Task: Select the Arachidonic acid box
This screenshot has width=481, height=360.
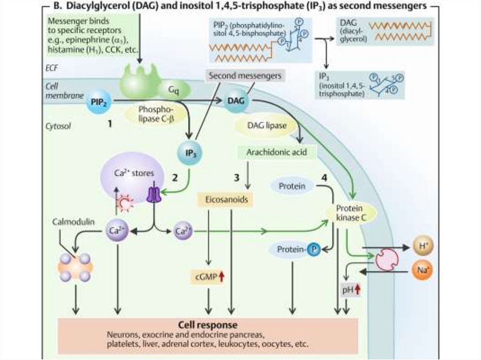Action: (276, 152)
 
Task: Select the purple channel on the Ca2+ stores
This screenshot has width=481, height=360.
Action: (154, 195)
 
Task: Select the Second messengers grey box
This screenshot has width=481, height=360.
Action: (245, 75)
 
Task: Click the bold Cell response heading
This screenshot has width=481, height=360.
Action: (208, 325)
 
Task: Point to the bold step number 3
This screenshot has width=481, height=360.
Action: (237, 178)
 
